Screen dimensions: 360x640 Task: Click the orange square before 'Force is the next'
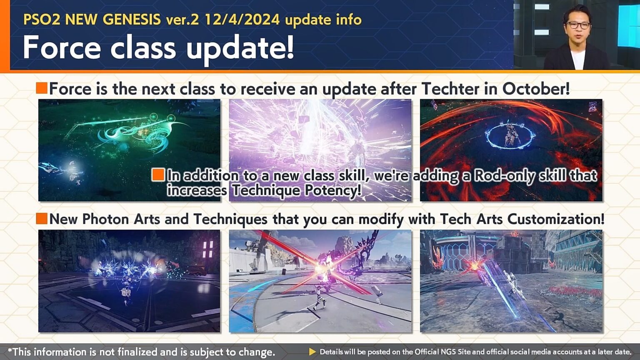(42, 88)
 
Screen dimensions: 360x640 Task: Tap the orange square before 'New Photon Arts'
(42, 219)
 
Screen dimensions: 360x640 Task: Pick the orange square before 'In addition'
(158, 175)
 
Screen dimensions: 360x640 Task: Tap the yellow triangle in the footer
(312, 352)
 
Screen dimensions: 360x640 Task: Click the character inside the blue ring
(510, 134)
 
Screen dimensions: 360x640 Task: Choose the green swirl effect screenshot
(129, 150)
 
